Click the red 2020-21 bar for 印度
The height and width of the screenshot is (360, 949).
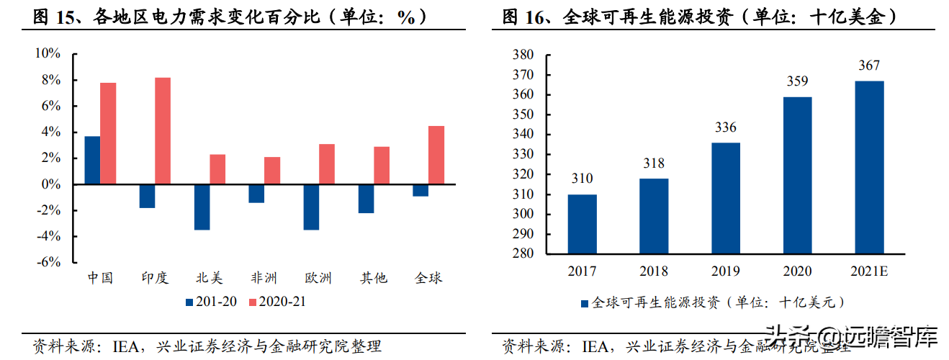[x=163, y=131]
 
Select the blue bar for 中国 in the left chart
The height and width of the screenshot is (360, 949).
[x=92, y=160]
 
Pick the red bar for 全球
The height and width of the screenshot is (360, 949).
[x=436, y=156]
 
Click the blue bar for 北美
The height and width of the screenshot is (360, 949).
[x=202, y=207]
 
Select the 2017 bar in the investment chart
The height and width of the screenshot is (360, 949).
[x=582, y=224]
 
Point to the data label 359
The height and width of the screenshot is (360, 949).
[x=797, y=81]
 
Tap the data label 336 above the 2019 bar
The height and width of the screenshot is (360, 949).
[x=725, y=127]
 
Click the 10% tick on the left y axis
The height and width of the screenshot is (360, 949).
[x=48, y=54]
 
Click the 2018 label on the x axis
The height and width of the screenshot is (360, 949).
[x=654, y=271]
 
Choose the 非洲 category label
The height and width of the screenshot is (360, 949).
[x=264, y=278]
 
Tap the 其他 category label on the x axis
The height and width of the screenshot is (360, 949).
[x=374, y=278]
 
